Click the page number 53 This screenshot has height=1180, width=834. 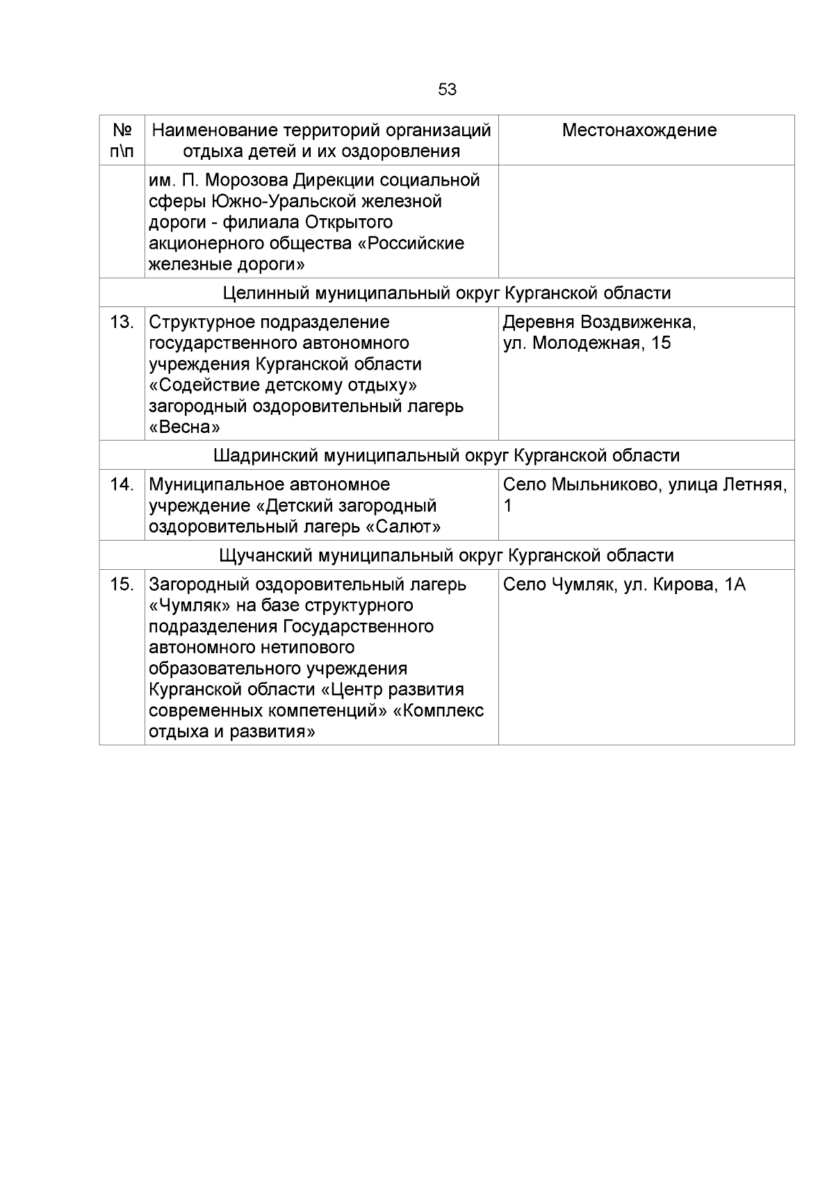click(447, 90)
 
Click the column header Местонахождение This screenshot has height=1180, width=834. click(639, 131)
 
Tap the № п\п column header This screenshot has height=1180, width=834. click(122, 140)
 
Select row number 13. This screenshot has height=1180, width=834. click(122, 322)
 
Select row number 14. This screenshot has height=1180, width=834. click(122, 484)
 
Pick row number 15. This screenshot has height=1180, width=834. click(122, 584)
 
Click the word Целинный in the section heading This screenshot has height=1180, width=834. click(266, 293)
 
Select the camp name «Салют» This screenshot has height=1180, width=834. click(403, 527)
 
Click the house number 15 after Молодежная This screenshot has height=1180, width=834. click(661, 343)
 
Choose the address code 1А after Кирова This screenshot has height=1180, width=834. click(735, 584)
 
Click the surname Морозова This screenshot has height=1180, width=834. click(247, 181)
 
